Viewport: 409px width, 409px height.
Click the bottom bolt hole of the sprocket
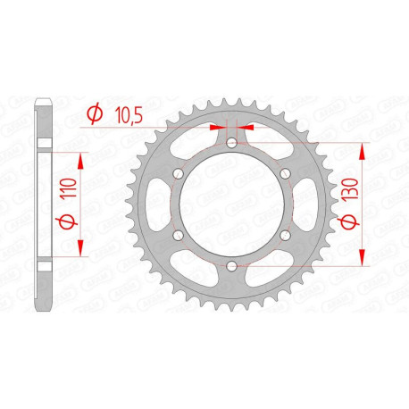230,266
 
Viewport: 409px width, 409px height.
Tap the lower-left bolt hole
177,235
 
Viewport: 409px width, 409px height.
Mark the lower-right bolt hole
284,235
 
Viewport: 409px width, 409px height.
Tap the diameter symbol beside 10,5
94,113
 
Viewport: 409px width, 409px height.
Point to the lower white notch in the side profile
44,266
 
